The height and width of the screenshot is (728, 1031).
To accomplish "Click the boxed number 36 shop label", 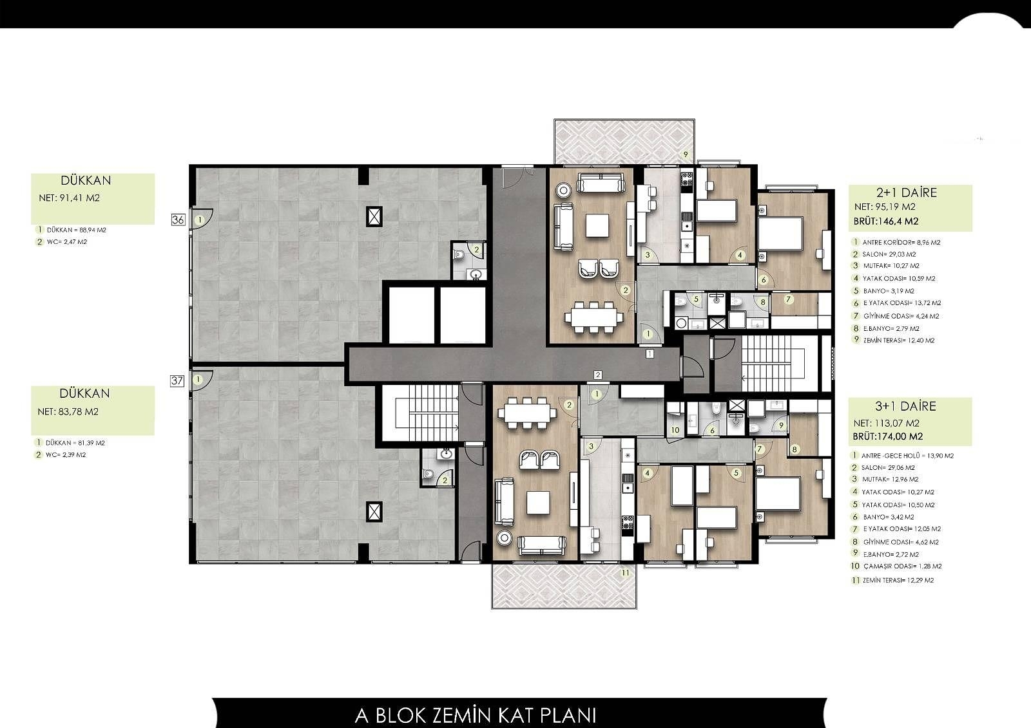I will pos(178,219).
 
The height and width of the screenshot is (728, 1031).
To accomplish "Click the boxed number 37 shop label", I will pos(177,380).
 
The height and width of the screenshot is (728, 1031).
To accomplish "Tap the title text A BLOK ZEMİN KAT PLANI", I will pos(476,715).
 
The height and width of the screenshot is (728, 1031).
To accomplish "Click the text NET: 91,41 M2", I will pos(69,198).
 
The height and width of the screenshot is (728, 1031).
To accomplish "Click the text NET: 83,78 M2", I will pos(68,412).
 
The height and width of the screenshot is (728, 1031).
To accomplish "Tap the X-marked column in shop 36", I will pos(373,216).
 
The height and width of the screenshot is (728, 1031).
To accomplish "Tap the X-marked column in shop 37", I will pos(373,512).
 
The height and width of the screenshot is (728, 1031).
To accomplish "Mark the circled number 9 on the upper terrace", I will pos(686,154).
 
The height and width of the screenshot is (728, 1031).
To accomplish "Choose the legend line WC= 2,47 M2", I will pos(66,242).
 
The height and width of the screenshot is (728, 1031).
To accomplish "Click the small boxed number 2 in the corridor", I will pos(598,375).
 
